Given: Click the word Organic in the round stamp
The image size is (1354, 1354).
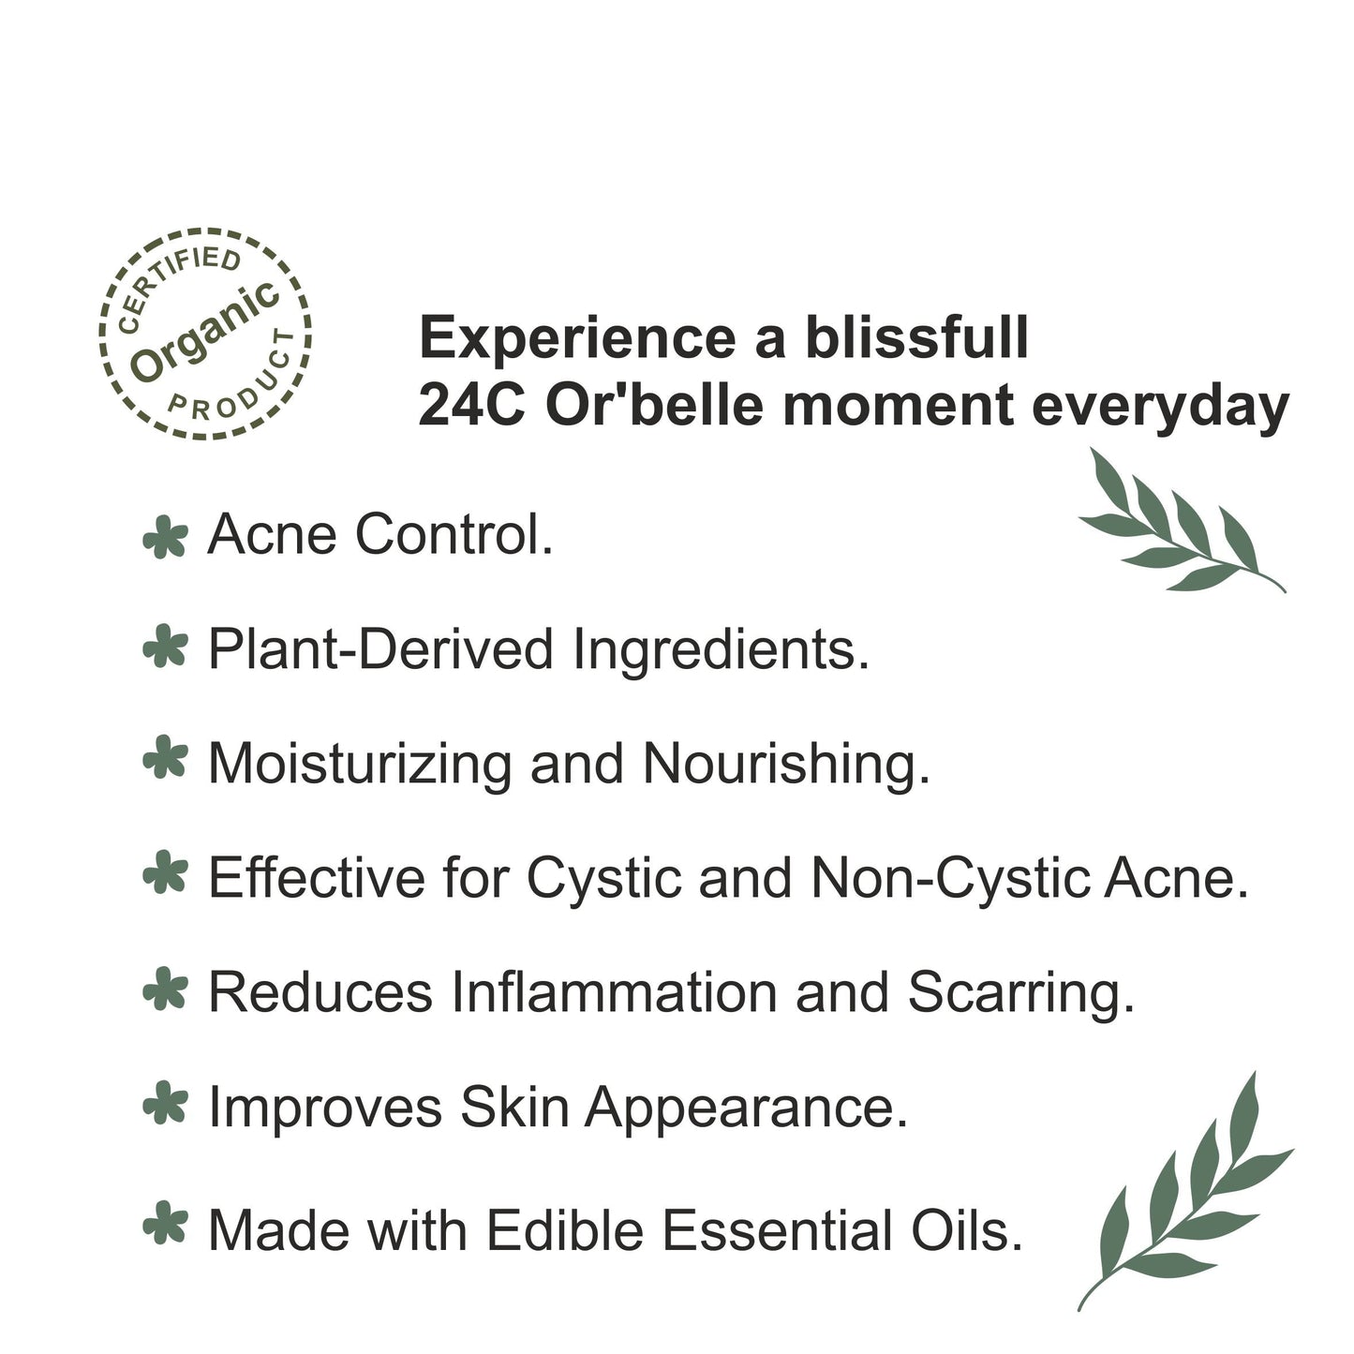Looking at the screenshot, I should pos(205,333).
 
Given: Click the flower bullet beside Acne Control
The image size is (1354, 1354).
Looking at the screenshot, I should pos(165,537).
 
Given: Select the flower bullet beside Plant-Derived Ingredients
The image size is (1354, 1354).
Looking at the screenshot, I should pos(165,647).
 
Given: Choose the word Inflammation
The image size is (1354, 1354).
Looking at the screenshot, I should pos(614,992).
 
